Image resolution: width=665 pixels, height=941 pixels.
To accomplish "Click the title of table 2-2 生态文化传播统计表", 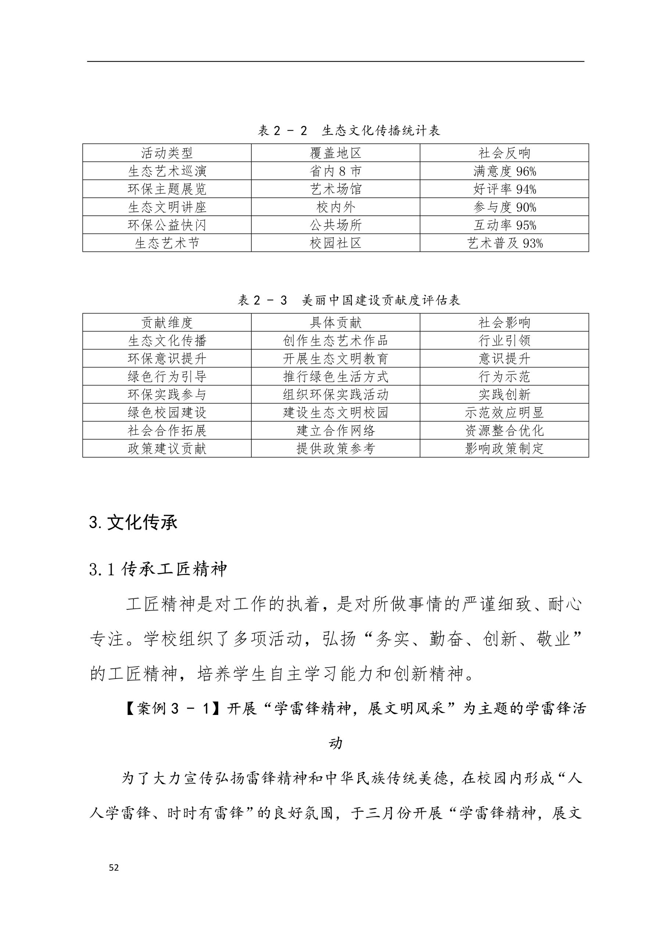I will tap(348, 131).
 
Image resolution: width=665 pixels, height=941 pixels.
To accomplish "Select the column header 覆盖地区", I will tap(335, 153).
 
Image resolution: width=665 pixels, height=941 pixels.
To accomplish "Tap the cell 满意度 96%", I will tap(504, 171).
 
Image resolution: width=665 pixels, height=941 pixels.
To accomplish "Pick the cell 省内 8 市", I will tap(335, 171).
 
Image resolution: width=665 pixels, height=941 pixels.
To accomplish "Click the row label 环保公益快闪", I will tap(167, 225).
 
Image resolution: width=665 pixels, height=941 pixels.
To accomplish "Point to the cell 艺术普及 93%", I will tap(504, 243).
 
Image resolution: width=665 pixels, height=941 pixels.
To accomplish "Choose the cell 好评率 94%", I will tap(504, 189).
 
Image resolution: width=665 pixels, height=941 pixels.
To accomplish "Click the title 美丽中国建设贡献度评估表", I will tap(349, 300).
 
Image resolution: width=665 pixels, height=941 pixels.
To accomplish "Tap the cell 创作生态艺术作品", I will tap(335, 341).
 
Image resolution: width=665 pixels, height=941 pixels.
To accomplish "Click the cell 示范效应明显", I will tap(504, 413).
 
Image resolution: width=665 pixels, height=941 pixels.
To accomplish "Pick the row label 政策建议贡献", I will tap(167, 449).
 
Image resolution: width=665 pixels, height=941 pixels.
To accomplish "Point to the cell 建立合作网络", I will tap(335, 431).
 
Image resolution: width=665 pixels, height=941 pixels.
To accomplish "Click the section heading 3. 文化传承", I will tap(133, 523).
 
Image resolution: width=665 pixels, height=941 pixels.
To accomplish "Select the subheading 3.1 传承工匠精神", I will tap(158, 569).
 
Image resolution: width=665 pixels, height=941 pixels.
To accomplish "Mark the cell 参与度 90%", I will tap(504, 207).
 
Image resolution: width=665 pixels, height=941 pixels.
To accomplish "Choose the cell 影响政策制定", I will tap(504, 449).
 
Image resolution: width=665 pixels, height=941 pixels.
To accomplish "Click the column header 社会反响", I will tap(504, 153).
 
